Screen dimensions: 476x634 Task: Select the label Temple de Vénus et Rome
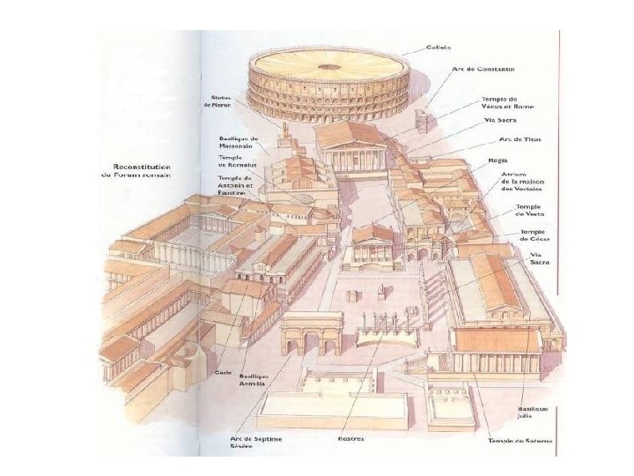click(x=498, y=103)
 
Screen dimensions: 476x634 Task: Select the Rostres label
click(x=350, y=438)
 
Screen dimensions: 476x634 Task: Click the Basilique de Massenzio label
click(x=238, y=142)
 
